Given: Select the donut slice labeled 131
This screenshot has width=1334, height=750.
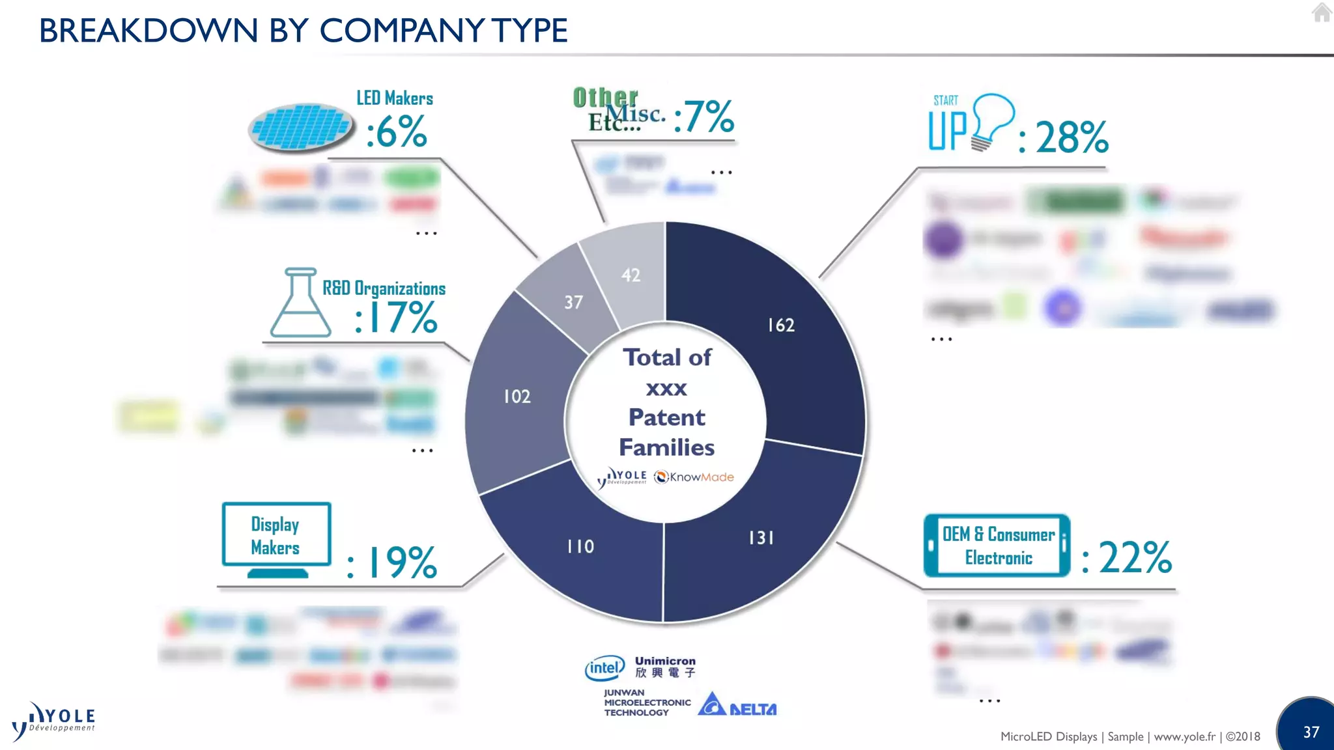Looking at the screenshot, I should coord(762,537).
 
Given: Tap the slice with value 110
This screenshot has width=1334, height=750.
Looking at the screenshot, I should coord(580,546).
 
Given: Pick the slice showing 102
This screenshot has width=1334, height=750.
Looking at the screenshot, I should coord(517,396).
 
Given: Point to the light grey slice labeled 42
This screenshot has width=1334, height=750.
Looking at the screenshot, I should coord(630,275).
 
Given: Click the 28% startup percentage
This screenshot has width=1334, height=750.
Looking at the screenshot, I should coord(1071,137).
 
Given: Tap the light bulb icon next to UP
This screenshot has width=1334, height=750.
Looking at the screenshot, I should coord(991,120).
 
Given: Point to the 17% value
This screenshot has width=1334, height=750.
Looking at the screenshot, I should coord(397,318).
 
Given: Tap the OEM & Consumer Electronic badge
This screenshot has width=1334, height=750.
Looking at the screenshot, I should coord(997,546).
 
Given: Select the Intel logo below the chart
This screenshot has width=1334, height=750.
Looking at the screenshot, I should coord(604,668).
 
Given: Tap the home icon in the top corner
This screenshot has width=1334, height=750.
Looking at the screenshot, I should coord(1321,12).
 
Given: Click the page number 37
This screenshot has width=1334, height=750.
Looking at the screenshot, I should coord(1311,732).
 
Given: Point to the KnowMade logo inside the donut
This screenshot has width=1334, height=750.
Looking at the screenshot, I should coord(694,477).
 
